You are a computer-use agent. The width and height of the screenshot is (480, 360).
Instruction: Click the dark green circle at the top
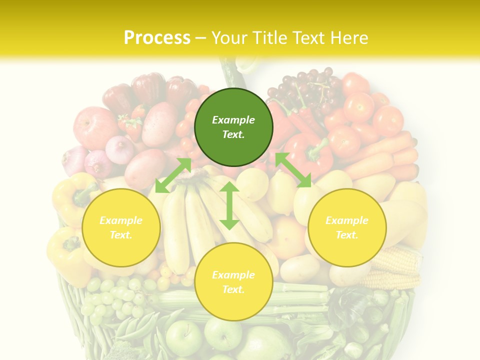click(233, 127)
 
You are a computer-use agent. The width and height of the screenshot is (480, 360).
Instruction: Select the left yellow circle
click(121, 227)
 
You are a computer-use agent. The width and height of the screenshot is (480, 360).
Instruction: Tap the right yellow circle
click(347, 227)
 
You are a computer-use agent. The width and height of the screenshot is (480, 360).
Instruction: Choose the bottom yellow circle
click(233, 282)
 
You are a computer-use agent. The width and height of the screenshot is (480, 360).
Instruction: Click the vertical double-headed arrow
click(229, 205)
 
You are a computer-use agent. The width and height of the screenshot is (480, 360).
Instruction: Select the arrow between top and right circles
click(293, 169)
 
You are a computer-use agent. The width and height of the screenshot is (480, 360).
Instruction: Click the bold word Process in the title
click(157, 38)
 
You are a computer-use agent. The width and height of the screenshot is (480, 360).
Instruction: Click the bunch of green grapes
click(112, 297)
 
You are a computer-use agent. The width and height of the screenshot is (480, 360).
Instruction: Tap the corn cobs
click(395, 267)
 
